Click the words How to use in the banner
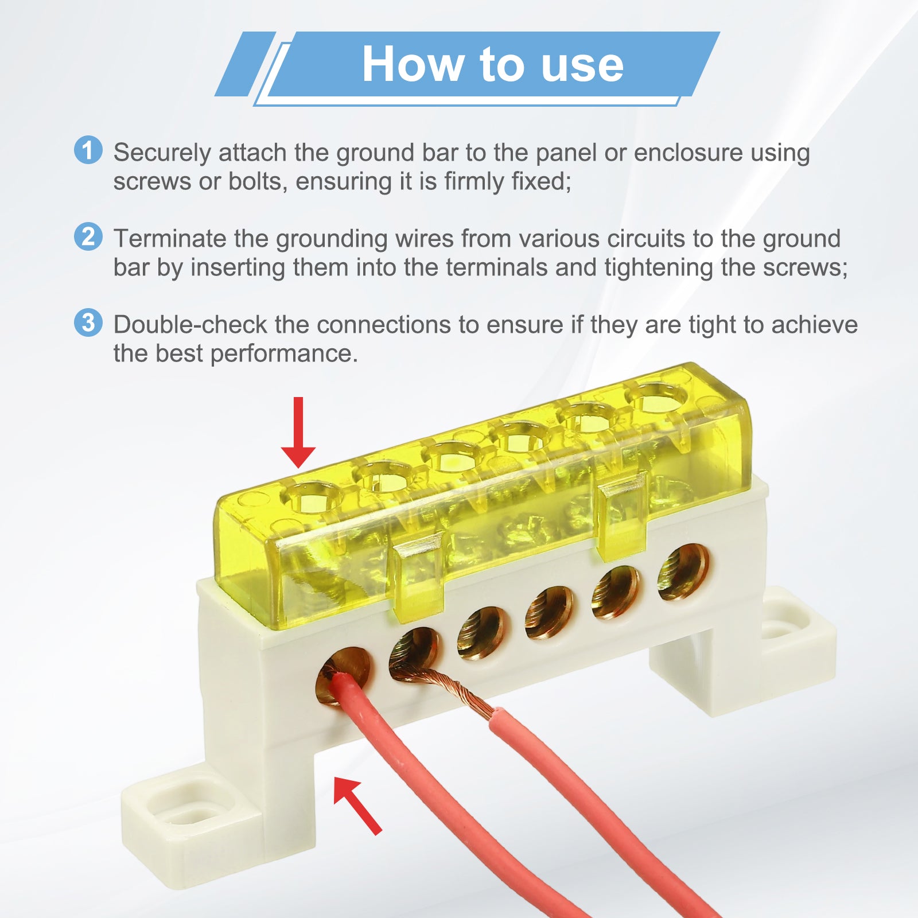coord(493,64)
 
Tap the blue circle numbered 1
coord(88,150)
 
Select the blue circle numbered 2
coord(88,236)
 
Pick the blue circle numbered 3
coord(88,322)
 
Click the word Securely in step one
coord(162,153)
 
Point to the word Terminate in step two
coord(170,239)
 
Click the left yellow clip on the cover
coord(418,574)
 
